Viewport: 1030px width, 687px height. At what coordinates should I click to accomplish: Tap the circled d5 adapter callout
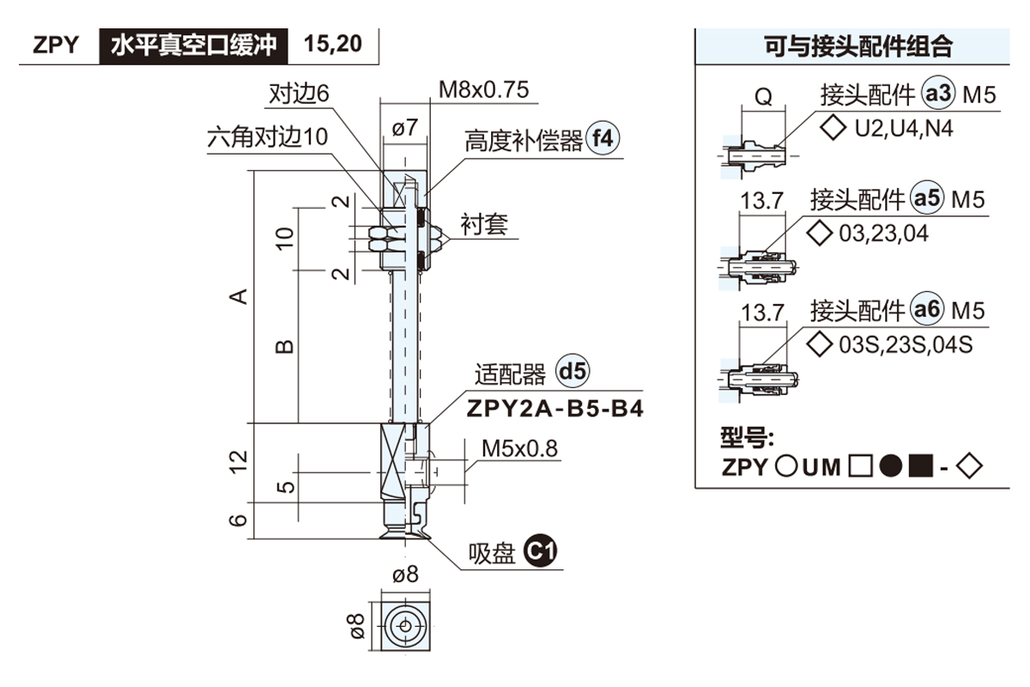point(573,373)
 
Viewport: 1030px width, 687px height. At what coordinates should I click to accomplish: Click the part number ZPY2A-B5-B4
point(554,408)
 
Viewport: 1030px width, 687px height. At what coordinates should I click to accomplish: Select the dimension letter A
point(240,296)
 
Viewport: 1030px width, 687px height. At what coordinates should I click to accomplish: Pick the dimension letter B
point(284,348)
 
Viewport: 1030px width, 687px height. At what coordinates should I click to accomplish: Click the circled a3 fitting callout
point(937,94)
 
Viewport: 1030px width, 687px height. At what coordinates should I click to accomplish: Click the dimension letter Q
point(762,97)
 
